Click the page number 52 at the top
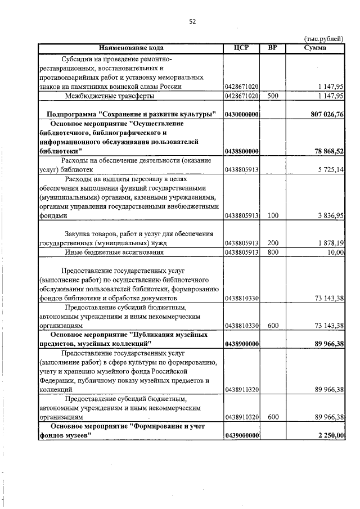[x=192, y=21]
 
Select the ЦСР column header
[x=241, y=48]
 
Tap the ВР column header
[x=272, y=48]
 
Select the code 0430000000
[x=241, y=114]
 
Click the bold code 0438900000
[x=241, y=344]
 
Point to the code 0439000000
[x=241, y=436]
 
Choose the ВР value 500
[x=272, y=96]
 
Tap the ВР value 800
[x=272, y=253]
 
